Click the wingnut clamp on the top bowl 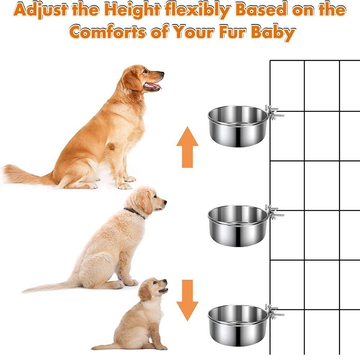tap(273, 112)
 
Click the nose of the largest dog tap(162, 74)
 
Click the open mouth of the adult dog tap(152, 86)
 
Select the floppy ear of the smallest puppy tap(145, 292)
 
